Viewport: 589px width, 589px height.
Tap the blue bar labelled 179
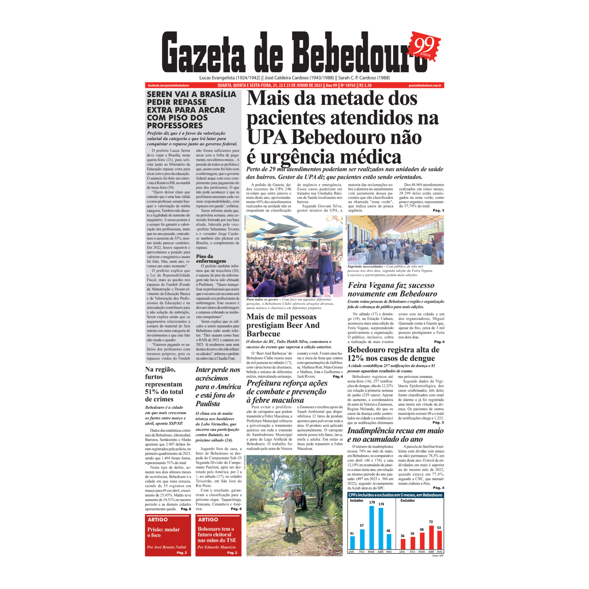pyautogui.click(x=372, y=528)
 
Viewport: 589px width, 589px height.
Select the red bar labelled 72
pyautogui.click(x=431, y=537)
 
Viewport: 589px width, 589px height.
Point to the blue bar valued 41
pyautogui.click(x=352, y=542)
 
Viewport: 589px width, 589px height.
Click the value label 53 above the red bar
pyautogui.click(x=439, y=528)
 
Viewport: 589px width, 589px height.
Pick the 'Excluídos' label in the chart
pyautogui.click(x=408, y=501)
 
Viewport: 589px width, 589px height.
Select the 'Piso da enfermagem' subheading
pyautogui.click(x=211, y=258)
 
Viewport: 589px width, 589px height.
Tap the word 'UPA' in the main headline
pyautogui.click(x=267, y=138)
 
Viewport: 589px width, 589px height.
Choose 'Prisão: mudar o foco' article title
pyautogui.click(x=163, y=532)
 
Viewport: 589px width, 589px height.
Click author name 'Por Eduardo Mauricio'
pyautogui.click(x=216, y=547)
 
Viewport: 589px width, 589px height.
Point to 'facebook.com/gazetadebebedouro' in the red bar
pyautogui.click(x=169, y=85)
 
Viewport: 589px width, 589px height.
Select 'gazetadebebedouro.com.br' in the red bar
pyautogui.click(x=425, y=85)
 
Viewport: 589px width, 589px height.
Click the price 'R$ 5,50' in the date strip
pyautogui.click(x=365, y=85)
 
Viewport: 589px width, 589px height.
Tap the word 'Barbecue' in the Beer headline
pyautogui.click(x=263, y=334)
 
